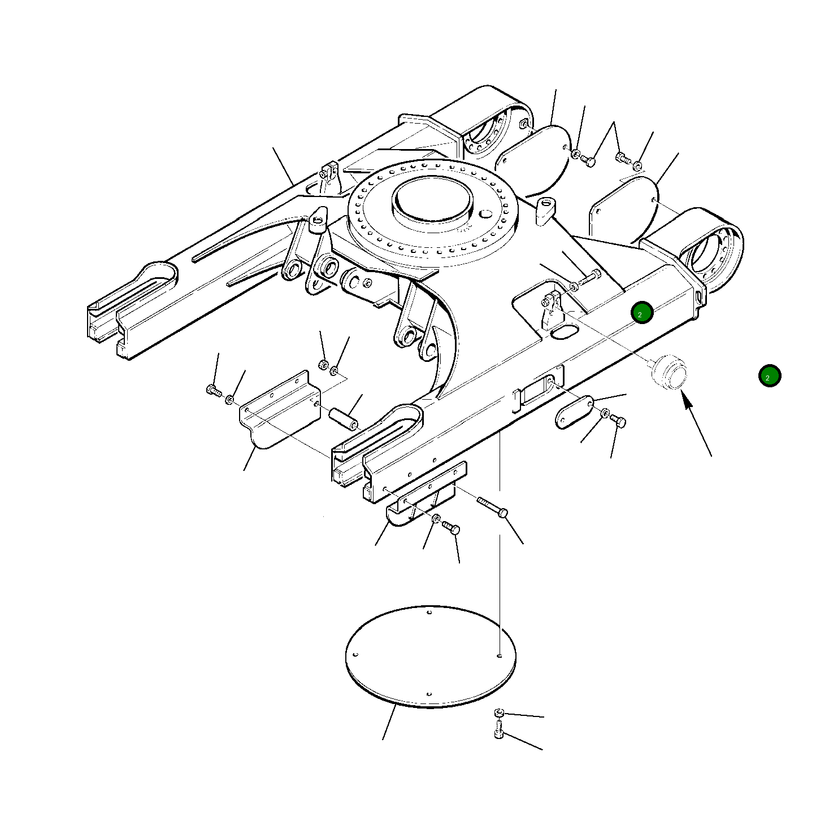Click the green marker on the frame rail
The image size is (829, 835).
(642, 313)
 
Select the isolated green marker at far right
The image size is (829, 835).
(769, 376)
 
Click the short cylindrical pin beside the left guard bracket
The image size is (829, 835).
(343, 417)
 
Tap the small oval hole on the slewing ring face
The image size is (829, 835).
(485, 214)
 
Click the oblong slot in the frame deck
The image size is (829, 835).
(563, 332)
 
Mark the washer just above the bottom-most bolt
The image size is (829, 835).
(498, 713)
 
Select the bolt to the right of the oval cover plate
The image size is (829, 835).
(619, 421)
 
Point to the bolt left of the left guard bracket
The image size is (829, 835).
(213, 390)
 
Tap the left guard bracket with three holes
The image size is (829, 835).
(279, 409)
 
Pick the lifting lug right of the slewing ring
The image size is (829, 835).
(546, 210)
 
